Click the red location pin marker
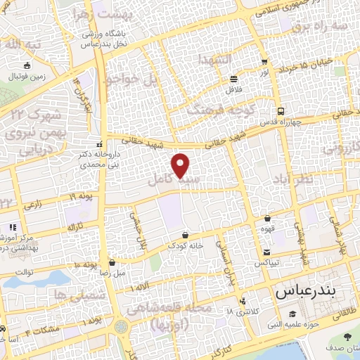click(x=181, y=165)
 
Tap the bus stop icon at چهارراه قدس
click(x=281, y=110)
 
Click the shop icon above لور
click(x=264, y=62)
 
